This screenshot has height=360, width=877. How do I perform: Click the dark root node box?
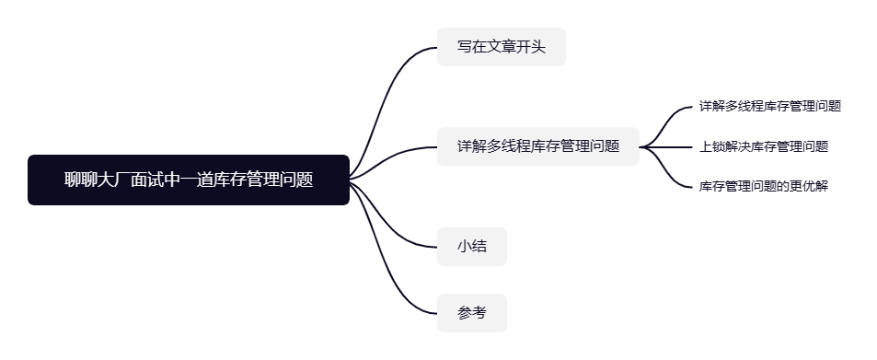(x=189, y=180)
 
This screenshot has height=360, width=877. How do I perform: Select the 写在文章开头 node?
(x=502, y=47)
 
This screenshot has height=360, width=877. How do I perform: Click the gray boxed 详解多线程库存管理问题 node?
(x=538, y=146)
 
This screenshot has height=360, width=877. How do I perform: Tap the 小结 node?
(x=471, y=247)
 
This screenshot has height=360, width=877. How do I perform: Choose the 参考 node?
(x=471, y=313)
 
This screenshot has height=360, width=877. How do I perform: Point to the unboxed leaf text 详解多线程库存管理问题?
(x=770, y=107)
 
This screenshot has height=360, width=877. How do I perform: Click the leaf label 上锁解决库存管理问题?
(x=764, y=146)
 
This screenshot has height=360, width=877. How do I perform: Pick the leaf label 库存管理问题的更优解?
(x=764, y=186)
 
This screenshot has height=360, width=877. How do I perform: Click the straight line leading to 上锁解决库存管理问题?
(x=665, y=146)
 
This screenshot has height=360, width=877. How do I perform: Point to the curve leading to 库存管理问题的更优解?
(x=665, y=167)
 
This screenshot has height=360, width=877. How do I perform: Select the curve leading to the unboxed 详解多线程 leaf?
(x=665, y=126)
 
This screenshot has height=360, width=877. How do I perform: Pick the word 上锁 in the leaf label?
(x=712, y=146)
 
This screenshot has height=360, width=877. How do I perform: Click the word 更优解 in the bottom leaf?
(x=809, y=186)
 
